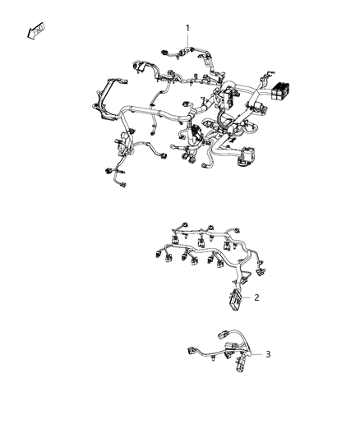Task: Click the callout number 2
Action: (x=256, y=297)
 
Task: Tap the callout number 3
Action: (x=267, y=354)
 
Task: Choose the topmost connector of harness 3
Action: (x=224, y=335)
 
